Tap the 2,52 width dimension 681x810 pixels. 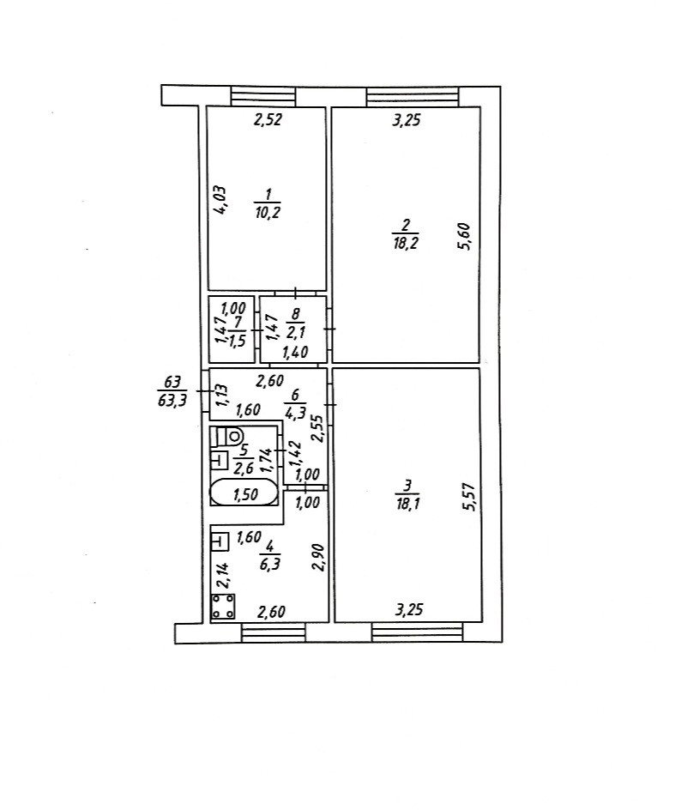267,121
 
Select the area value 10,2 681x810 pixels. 267,214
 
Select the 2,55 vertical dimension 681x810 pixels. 317,426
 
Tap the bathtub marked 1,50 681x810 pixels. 244,493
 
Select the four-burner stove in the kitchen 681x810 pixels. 225,607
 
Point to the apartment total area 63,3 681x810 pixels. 173,401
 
